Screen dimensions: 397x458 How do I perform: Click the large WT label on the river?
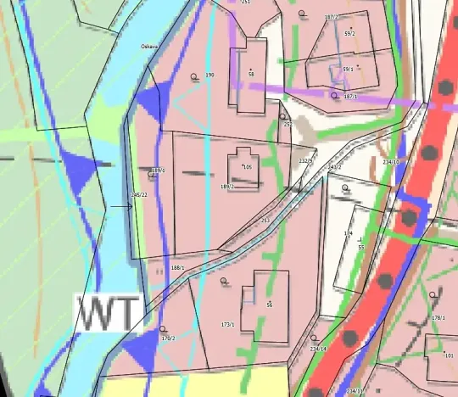108,313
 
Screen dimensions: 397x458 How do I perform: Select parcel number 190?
209,75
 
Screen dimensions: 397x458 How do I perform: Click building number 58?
251,75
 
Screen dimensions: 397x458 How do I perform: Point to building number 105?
248,167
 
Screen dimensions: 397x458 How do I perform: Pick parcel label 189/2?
227,187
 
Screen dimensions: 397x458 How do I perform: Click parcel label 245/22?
139,195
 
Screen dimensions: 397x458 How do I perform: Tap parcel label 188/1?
177,268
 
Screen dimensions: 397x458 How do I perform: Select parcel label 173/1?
227,324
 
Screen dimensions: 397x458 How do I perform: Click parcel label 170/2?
167,338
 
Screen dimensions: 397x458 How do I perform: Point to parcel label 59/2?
349,33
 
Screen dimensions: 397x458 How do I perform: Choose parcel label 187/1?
350,97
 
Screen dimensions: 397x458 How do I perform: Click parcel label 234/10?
391,161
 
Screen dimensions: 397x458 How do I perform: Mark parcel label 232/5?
306,160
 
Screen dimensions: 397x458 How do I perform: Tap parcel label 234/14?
318,349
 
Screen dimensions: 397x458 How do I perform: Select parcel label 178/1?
438,317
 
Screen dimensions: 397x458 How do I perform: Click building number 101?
449,355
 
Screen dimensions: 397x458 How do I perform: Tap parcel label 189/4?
158,171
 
